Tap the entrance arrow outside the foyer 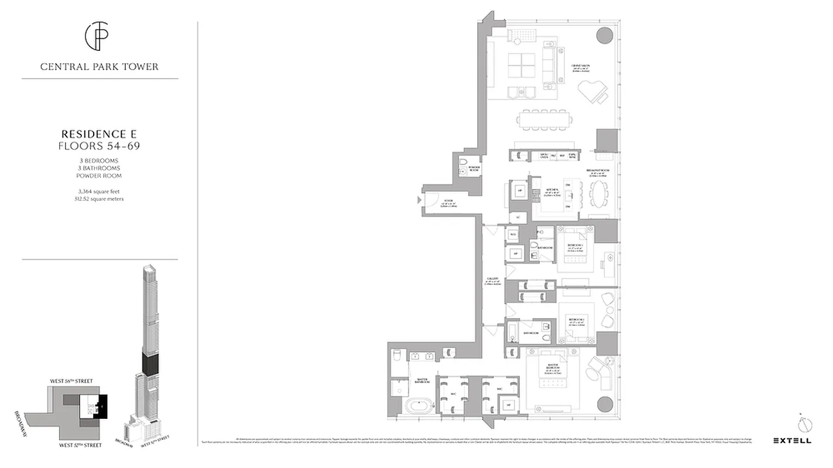pyautogui.click(x=418, y=200)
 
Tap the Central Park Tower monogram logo pyautogui.click(x=99, y=36)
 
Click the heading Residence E pyautogui.click(x=100, y=134)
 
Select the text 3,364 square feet pyautogui.click(x=100, y=191)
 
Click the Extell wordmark pyautogui.click(x=792, y=441)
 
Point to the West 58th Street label pyautogui.click(x=71, y=381)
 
